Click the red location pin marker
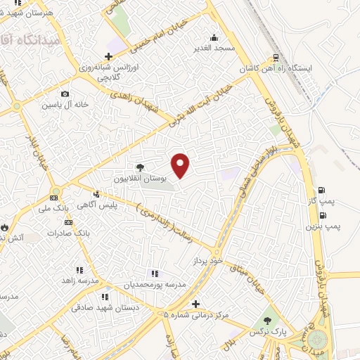click(181, 165)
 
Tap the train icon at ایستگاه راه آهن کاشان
click(276, 58)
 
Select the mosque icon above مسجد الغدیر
click(214, 38)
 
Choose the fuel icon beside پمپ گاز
click(321, 190)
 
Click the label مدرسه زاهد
click(76, 280)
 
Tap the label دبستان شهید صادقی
click(105, 307)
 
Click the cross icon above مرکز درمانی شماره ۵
click(195, 302)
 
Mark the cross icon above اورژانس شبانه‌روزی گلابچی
click(108, 57)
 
